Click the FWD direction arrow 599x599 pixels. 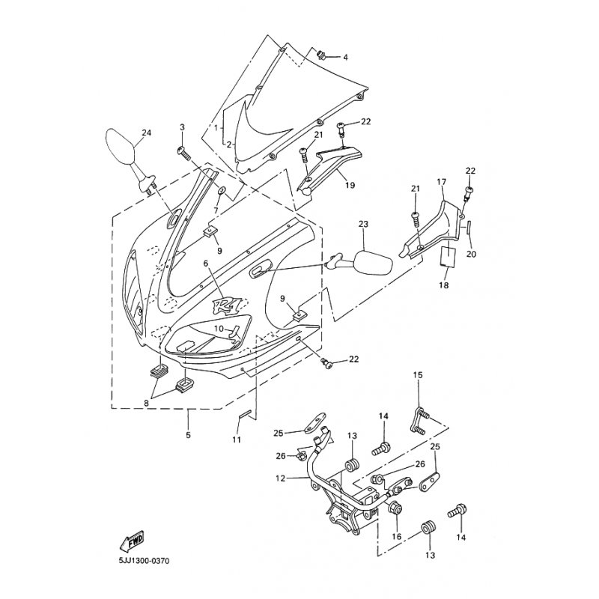(x=132, y=541)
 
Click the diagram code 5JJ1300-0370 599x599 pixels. (x=144, y=561)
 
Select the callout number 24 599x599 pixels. (x=147, y=133)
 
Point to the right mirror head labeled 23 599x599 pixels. (x=374, y=262)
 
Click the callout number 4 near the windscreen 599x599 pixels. (x=345, y=58)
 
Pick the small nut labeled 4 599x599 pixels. (x=321, y=55)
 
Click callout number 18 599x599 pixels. (x=443, y=285)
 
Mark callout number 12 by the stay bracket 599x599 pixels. (x=280, y=478)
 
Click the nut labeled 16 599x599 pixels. (x=394, y=508)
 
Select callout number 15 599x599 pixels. (x=418, y=375)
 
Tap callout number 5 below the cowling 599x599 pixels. (x=189, y=435)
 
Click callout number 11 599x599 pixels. (x=237, y=440)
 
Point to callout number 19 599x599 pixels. (x=350, y=185)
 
